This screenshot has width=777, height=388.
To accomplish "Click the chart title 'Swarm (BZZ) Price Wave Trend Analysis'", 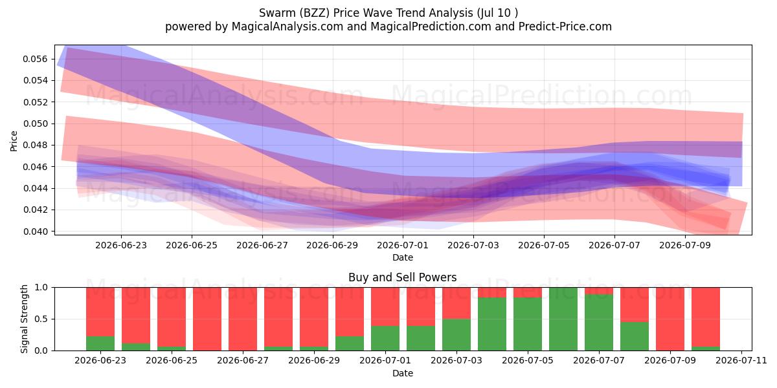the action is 366,13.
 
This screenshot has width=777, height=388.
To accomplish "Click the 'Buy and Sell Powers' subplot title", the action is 402,277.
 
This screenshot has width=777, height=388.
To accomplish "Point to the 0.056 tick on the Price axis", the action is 35,59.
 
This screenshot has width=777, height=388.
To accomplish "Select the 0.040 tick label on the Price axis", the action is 35,231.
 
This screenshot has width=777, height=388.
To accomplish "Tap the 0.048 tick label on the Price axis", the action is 35,145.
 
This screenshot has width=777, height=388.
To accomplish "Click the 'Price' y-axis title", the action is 14,141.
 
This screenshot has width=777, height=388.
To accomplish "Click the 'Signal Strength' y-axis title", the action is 24,319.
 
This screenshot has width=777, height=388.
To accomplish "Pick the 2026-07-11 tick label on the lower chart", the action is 741,360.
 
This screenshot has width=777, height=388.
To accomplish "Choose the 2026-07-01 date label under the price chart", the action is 403,245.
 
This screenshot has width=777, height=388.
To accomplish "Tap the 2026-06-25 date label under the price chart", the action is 192,245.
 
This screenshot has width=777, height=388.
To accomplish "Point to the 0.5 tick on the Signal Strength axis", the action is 41,319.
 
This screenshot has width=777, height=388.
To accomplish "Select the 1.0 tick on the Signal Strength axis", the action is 41,287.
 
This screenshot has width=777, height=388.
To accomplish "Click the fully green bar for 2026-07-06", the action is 563,319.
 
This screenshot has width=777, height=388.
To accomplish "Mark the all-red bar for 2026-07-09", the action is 670,319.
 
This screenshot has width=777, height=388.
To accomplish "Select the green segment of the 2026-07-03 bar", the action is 456,335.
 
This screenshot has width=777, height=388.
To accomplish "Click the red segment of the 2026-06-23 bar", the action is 100,312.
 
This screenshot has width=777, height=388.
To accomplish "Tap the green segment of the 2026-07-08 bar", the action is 635,336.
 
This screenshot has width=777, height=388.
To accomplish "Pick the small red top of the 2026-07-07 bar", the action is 599,291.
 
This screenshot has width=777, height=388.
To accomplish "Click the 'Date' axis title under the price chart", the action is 403,257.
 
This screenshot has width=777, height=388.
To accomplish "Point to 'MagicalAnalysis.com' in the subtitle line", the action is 287,27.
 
